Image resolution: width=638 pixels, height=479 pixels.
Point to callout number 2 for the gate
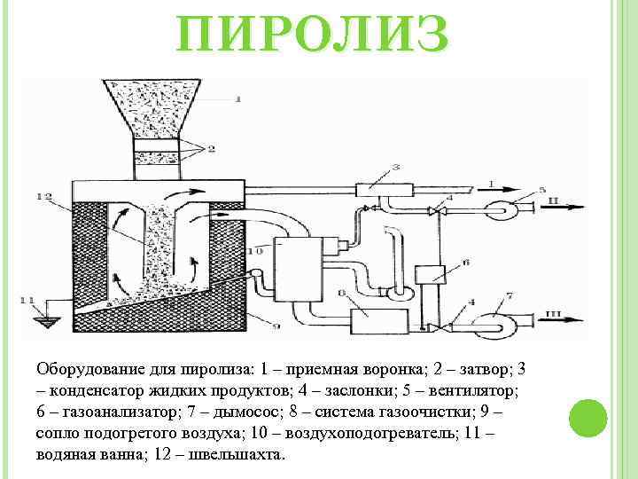tap(212, 150)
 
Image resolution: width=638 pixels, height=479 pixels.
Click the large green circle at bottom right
tap(587, 420)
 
